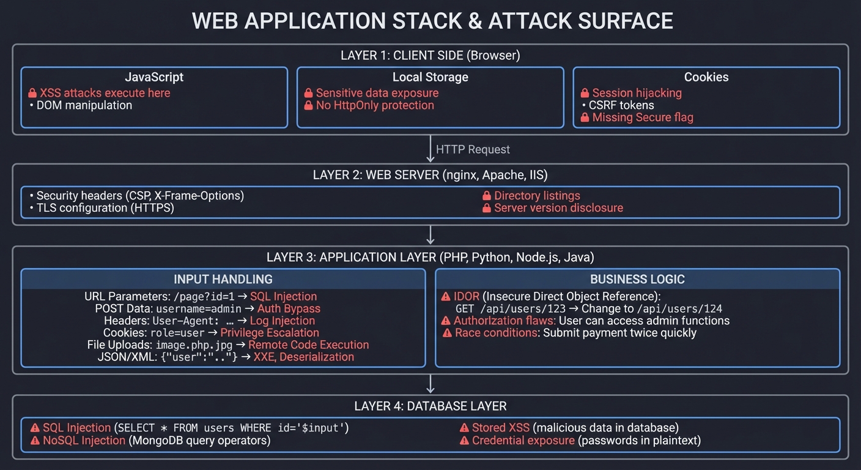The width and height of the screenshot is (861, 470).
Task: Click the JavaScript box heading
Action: tap(154, 77)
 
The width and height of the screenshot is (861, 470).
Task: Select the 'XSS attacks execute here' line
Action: tap(105, 93)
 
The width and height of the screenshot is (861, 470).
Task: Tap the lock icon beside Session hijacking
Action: tap(585, 93)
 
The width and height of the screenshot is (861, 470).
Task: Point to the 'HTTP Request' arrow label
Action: tap(473, 149)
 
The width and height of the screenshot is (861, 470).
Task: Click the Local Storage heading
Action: tap(430, 77)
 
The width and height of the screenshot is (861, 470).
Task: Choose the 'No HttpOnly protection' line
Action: tap(374, 105)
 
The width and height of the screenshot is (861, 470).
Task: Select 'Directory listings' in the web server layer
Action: tap(536, 196)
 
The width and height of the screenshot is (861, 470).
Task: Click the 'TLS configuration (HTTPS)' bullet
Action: tap(105, 208)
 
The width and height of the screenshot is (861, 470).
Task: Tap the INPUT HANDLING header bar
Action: tap(223, 279)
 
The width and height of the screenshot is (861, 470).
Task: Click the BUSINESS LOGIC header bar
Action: tap(637, 279)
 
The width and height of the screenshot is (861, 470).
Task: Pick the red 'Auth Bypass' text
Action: tap(289, 309)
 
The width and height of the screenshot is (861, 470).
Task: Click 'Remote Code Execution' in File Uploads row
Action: tap(308, 345)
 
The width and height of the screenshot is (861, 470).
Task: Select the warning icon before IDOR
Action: tap(446, 297)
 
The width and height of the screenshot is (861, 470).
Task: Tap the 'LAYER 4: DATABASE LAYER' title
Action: tap(430, 406)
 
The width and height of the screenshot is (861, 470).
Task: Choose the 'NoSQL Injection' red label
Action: tap(84, 441)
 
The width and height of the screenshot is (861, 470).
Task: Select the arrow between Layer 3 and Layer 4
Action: tap(430, 384)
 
